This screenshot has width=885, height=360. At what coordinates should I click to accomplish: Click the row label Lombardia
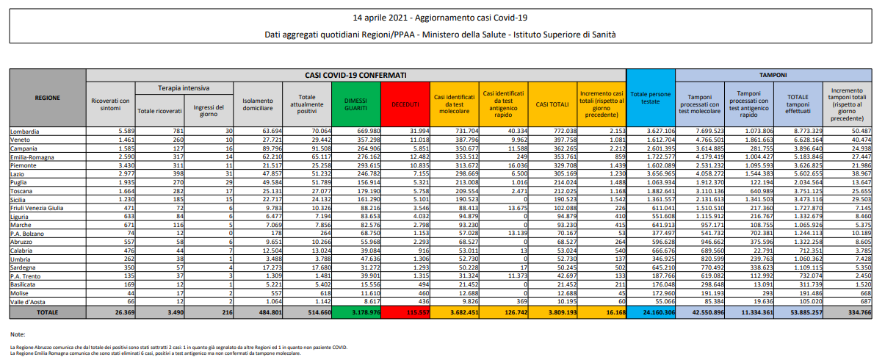[x=25, y=131]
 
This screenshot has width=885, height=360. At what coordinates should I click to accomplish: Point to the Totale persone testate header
[x=650, y=99]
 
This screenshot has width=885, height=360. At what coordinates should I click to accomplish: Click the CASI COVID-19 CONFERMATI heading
[x=355, y=75]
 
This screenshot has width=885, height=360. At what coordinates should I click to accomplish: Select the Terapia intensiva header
[x=184, y=87]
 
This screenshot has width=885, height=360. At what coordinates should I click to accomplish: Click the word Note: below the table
[x=18, y=334]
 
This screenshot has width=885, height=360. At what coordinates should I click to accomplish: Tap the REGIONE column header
[x=47, y=97]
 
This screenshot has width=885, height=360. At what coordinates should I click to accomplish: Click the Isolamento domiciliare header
[x=257, y=104]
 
